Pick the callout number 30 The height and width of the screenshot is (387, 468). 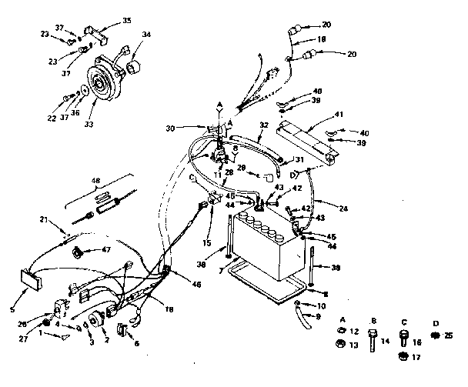click(x=171, y=128)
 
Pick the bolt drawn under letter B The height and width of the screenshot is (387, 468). click(x=373, y=338)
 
